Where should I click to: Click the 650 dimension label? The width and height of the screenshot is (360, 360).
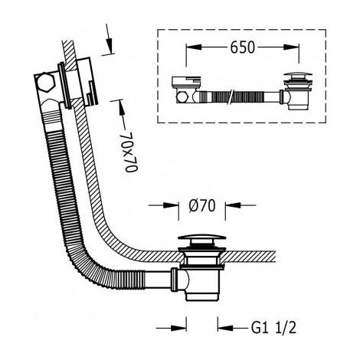(x=242, y=47)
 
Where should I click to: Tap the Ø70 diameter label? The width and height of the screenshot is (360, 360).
(x=202, y=205)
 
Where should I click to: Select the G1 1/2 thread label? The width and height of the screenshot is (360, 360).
(x=274, y=327)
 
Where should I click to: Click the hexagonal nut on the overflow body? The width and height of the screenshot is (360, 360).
(x=46, y=83)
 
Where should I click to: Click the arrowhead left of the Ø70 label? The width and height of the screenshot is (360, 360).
(x=171, y=205)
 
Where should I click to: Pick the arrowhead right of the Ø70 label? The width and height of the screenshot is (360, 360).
(x=233, y=205)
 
